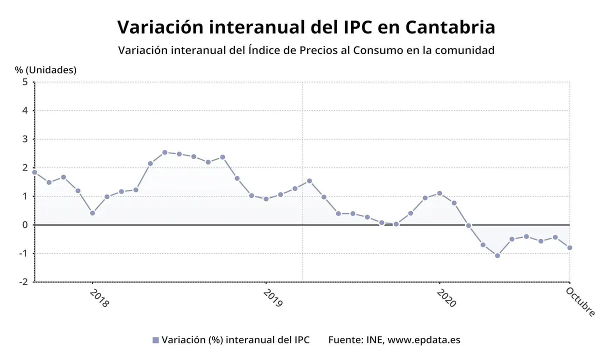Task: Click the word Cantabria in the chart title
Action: tap(450, 27)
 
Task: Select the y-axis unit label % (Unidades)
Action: tap(45, 70)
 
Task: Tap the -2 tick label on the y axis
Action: tap(23, 282)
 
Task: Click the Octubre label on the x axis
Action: tap(581, 301)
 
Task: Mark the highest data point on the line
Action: tap(164, 152)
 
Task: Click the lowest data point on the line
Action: tap(497, 255)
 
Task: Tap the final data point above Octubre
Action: tap(569, 247)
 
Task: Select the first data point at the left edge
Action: tap(34, 172)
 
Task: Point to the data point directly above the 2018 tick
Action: tap(92, 213)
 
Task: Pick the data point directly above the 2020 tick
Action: tap(439, 193)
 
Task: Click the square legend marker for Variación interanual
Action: tap(155, 340)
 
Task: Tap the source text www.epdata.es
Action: tap(424, 340)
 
